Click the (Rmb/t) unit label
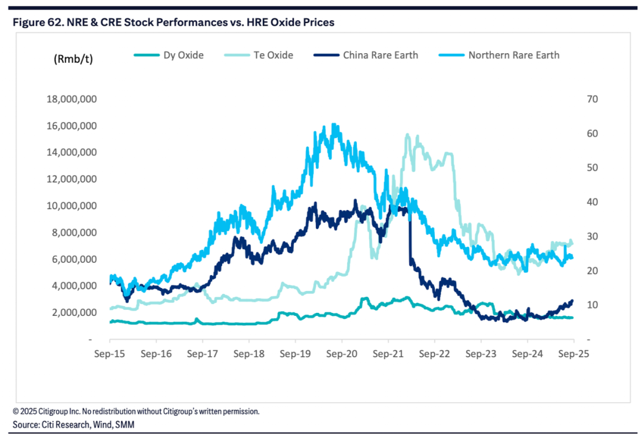pos(73,59)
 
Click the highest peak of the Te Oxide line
pos(408,135)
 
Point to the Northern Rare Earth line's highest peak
pos(334,124)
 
